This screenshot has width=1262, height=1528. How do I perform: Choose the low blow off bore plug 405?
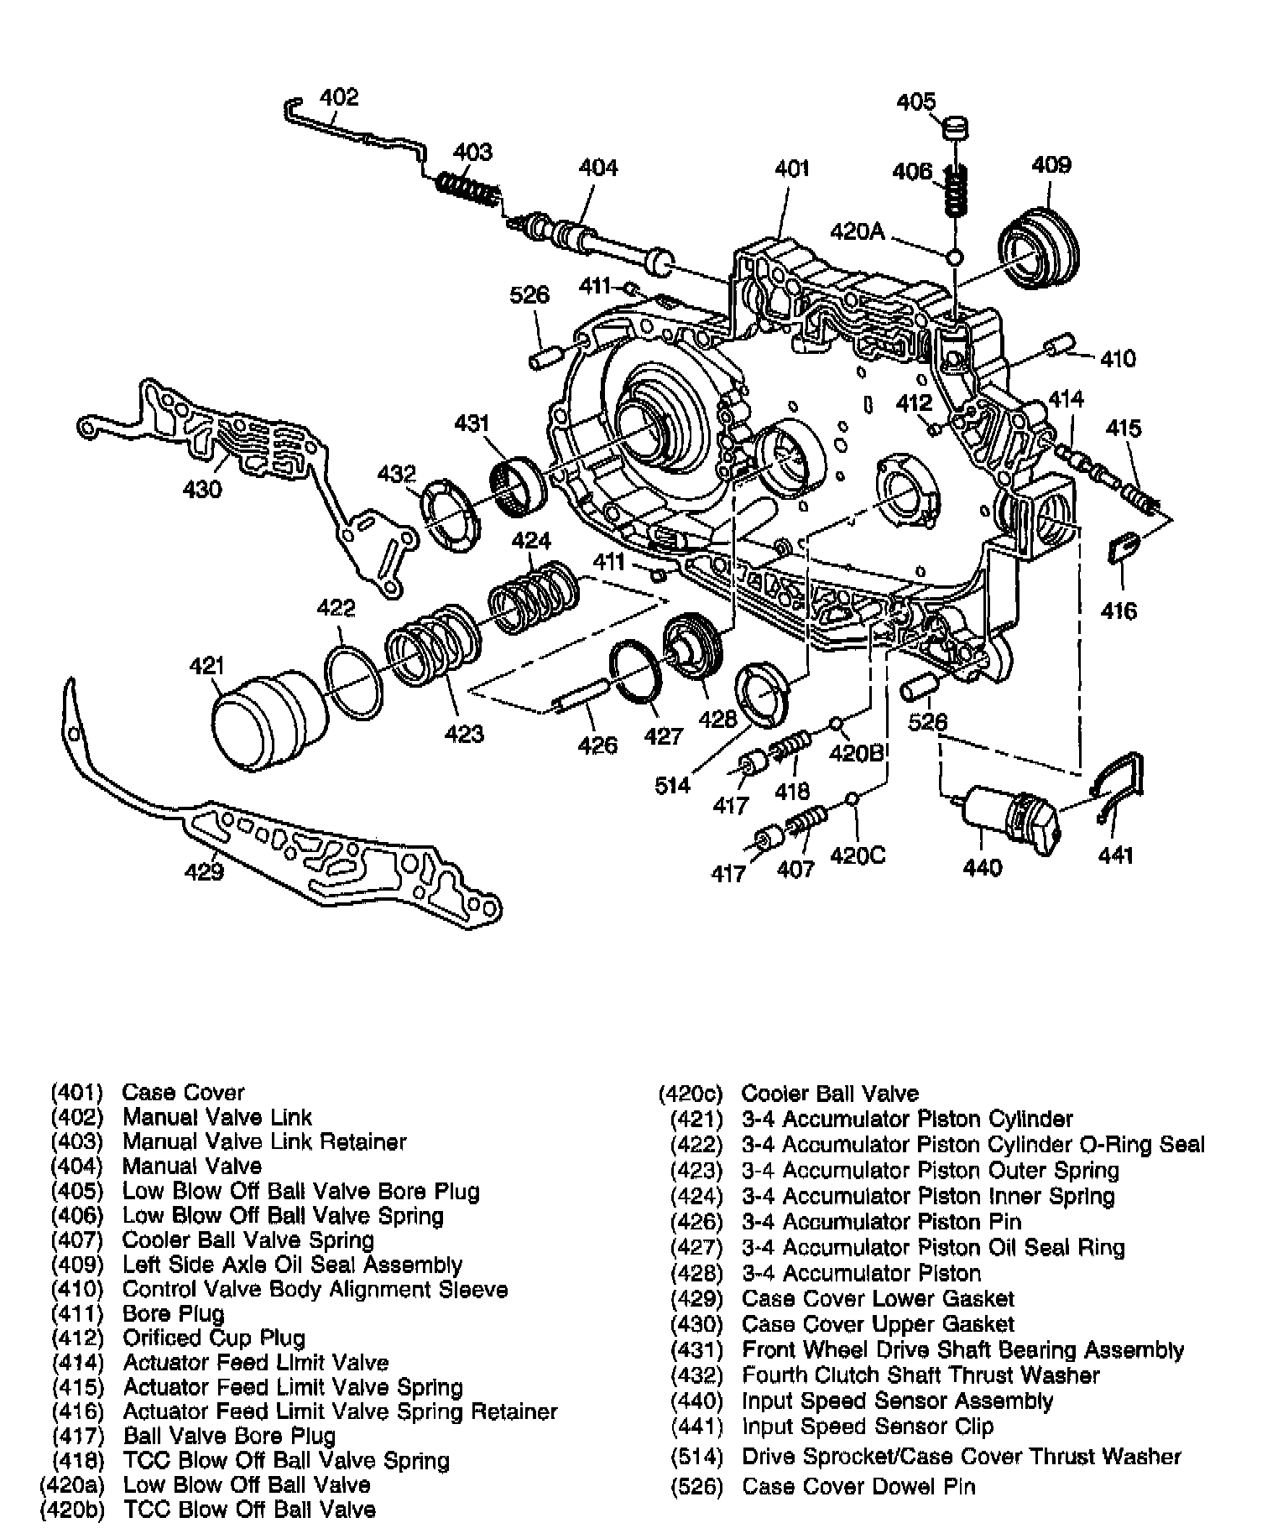955,130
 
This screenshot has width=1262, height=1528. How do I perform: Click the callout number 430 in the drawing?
202,488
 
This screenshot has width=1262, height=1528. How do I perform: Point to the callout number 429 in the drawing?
204,872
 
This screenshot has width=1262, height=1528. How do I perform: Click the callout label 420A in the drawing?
858,231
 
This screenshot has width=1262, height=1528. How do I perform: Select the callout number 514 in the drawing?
672,785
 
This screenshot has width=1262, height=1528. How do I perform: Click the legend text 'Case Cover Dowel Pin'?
858,1487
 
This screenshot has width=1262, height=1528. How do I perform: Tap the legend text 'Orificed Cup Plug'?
213,1338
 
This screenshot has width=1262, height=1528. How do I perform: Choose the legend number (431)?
696,1350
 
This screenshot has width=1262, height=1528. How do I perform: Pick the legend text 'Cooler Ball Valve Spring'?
248,1240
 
